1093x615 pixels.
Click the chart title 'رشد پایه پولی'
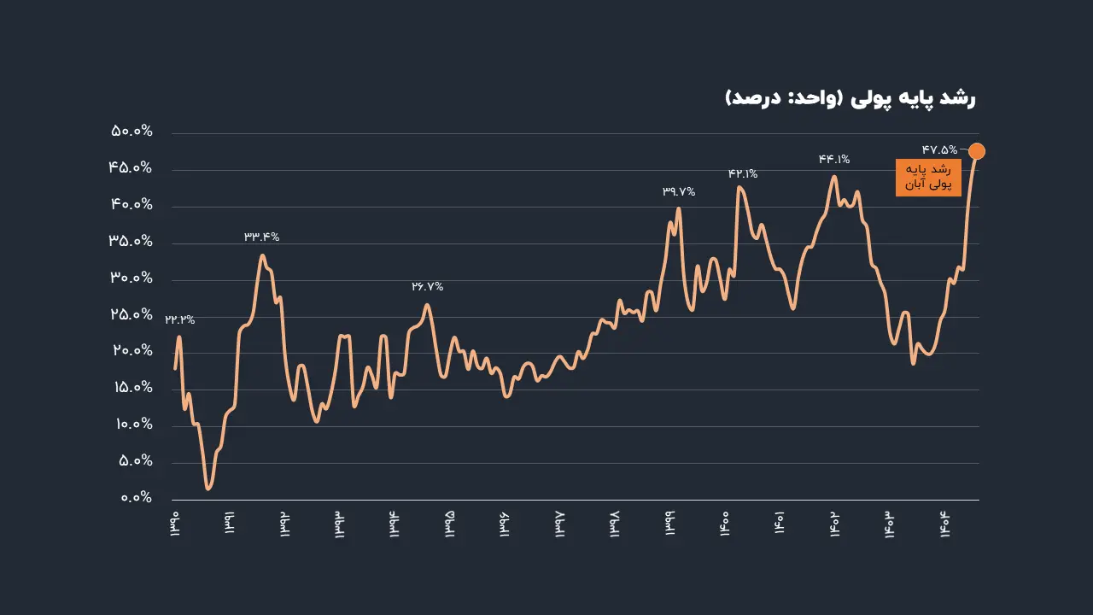click(x=850, y=98)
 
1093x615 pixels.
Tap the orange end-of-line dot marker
click(x=977, y=151)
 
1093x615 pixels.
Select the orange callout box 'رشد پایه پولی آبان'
click(x=928, y=177)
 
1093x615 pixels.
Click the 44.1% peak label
click(x=834, y=159)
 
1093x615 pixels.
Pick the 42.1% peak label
click(x=743, y=173)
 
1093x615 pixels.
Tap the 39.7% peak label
click(x=679, y=192)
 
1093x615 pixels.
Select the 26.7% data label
click(x=428, y=287)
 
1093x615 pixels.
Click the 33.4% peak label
click(x=262, y=237)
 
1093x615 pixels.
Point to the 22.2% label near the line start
click(x=180, y=320)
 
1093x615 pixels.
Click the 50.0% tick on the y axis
click(x=132, y=132)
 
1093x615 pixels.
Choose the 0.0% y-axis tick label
click(x=132, y=498)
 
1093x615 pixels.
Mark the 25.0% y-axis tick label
click(x=132, y=315)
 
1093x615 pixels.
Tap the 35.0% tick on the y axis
click(x=132, y=242)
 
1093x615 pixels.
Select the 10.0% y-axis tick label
click(x=132, y=425)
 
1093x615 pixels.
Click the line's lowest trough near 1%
click(x=208, y=488)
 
